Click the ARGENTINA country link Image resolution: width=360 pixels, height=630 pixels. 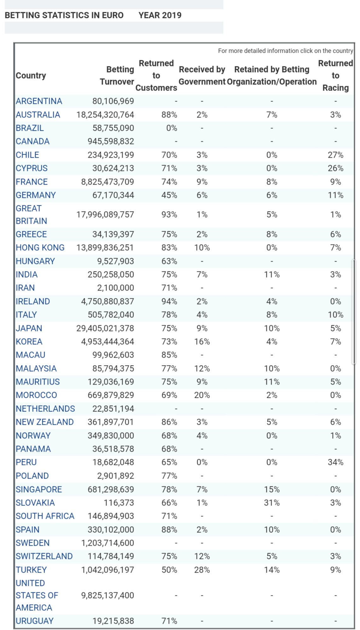39,101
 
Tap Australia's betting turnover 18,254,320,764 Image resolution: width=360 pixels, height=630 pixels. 105,115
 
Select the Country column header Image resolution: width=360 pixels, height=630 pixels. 31,76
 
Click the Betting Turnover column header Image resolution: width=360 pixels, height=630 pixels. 117,76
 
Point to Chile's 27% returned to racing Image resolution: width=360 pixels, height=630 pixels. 335,155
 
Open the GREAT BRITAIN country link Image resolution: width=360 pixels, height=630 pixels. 31,215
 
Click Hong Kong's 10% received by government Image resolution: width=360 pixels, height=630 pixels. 202,248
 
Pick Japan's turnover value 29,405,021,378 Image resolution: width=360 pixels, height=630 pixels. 105,328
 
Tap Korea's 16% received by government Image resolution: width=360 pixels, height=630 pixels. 202,341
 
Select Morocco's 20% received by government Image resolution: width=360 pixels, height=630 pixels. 202,395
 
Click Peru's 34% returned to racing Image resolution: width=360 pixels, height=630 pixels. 335,462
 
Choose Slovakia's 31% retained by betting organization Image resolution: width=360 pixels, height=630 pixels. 272,503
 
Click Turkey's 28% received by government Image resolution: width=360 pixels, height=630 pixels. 202,570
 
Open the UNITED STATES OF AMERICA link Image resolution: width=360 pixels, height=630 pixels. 37,595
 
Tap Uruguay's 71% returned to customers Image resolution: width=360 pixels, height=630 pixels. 169,621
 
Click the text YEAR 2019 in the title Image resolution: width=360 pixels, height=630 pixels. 160,15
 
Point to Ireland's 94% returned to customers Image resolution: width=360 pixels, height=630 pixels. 169,301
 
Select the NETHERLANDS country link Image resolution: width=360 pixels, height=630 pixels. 45,409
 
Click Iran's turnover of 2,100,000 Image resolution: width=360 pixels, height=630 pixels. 115,288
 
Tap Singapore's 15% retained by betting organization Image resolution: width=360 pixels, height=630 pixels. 272,489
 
